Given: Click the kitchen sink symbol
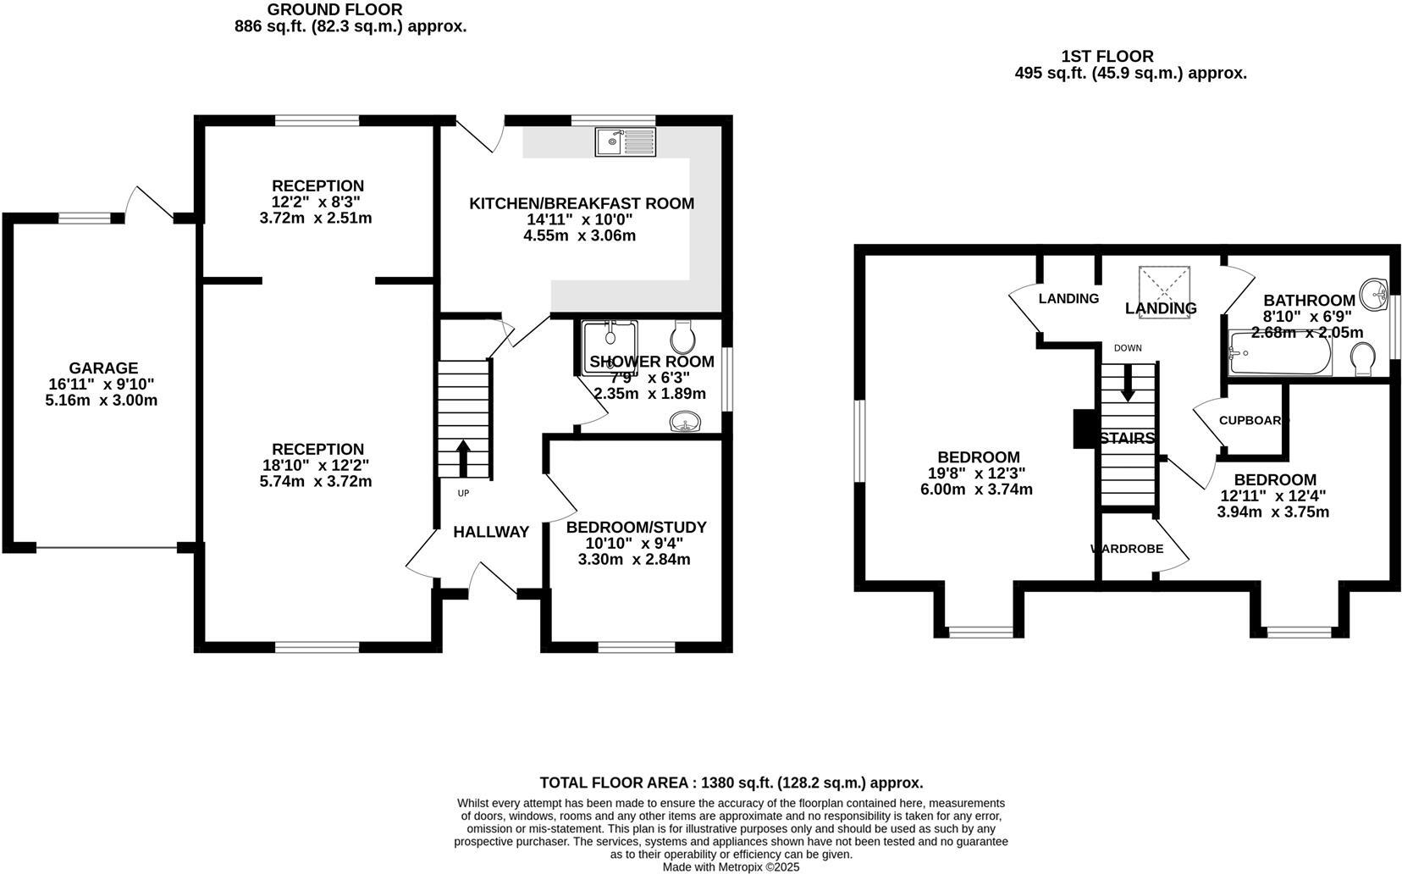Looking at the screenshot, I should (625, 141).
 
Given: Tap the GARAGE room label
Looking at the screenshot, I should (103, 368).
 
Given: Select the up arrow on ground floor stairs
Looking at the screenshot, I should (463, 458).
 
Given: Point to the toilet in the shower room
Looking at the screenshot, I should (683, 337).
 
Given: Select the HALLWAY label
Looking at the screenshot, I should (491, 532).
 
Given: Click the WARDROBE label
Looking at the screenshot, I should (1127, 549).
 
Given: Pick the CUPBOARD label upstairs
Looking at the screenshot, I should (1252, 420).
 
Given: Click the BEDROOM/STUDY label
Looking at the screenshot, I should (636, 527).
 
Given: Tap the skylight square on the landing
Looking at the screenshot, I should (1165, 283).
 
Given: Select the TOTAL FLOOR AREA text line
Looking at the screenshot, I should (731, 783).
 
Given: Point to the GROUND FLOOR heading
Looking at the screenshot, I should (334, 10).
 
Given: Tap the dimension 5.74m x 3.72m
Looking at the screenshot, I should (316, 481).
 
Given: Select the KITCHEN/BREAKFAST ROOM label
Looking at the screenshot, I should (582, 203).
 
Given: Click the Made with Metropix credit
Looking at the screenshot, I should (731, 867).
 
